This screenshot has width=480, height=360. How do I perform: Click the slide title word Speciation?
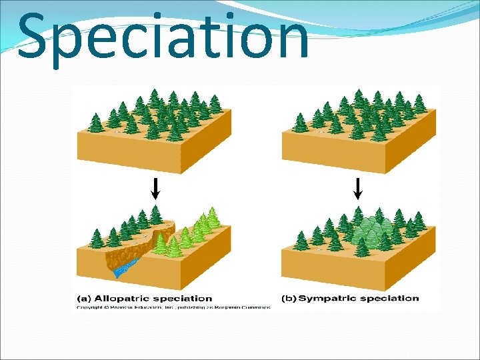(x=163, y=37)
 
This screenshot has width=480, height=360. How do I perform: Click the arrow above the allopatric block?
(x=155, y=189)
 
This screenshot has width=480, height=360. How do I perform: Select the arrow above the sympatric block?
(x=357, y=189)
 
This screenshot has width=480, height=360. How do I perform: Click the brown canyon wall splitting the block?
(x=137, y=250)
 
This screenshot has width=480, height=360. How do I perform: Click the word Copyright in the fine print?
(x=90, y=307)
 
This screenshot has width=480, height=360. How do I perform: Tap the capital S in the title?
(x=33, y=37)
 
